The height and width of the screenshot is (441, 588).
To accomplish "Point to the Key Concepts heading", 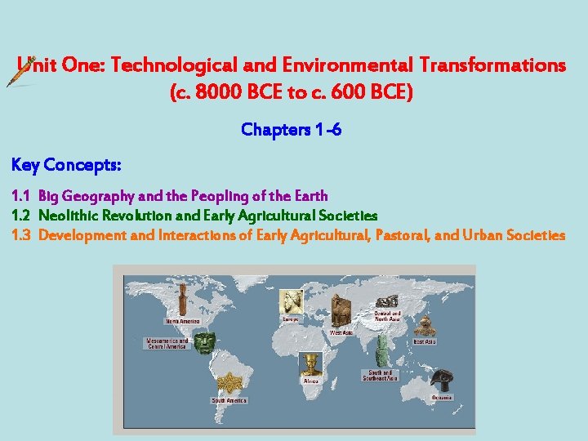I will (67, 165).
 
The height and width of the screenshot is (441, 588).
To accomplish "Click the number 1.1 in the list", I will (20, 196).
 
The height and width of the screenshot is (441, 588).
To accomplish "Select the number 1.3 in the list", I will (21, 235).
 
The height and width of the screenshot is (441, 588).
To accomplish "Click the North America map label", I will (183, 321).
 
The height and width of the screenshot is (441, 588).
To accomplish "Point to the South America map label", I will (229, 400).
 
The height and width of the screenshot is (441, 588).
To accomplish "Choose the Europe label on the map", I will (291, 319).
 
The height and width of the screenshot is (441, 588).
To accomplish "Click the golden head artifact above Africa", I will (311, 364).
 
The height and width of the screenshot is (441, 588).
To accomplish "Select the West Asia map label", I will (341, 332).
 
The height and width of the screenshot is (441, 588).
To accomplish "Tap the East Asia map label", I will (425, 341).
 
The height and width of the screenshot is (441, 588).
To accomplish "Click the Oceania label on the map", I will (443, 397).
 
